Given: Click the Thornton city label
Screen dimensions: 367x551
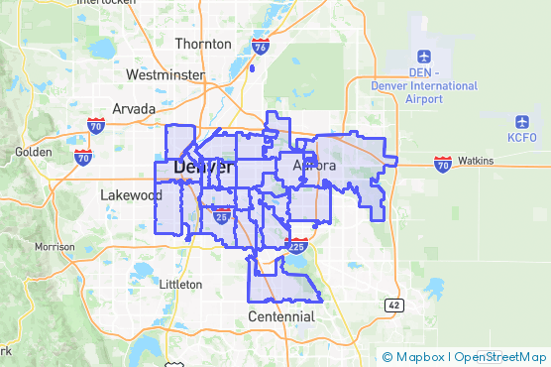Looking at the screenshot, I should point(203,44).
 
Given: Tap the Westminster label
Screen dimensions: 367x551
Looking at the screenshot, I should point(165,75).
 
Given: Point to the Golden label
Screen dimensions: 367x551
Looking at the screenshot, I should point(33,153).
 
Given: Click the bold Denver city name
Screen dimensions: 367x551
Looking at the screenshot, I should point(203,168).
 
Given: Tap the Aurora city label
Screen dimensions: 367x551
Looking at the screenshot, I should point(315,166).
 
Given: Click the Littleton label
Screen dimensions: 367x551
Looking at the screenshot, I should point(180,284).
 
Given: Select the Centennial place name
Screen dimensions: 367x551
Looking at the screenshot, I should point(281,317).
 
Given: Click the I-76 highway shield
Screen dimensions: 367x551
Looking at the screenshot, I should point(260,48).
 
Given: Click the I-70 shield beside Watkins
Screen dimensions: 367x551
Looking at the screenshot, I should point(442,162).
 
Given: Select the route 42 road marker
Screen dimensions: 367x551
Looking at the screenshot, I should point(394,305).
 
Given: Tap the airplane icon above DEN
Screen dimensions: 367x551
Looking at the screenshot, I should point(424,56).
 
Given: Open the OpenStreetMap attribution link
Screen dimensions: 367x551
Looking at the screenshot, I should point(500,357).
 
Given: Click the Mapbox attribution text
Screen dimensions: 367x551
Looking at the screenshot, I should point(416,357).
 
